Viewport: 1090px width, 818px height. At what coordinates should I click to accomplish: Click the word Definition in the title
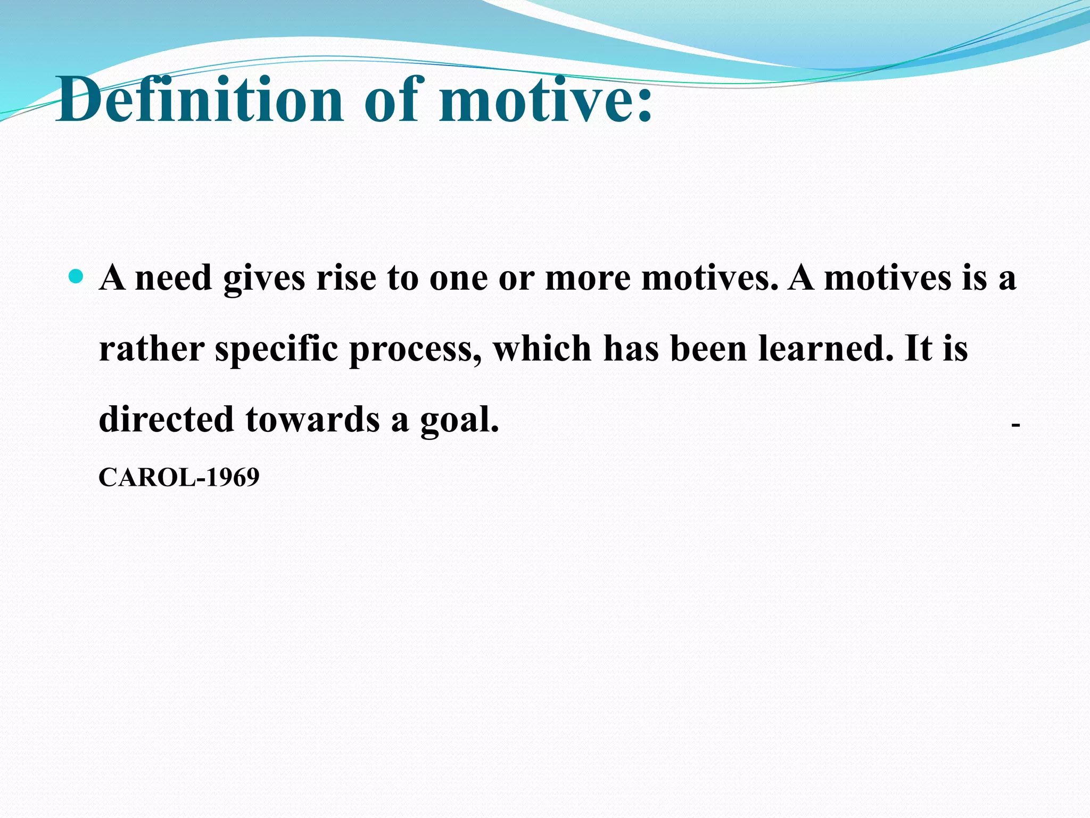pyautogui.click(x=200, y=99)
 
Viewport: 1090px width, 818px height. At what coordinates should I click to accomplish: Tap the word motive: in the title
pyautogui.click(x=546, y=99)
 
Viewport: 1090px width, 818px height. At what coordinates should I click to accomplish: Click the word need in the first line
pyautogui.click(x=174, y=278)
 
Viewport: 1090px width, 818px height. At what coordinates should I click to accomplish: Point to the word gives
pyautogui.click(x=264, y=279)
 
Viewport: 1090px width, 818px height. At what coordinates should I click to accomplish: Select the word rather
pyautogui.click(x=152, y=349)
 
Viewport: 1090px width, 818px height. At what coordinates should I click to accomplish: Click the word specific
pyautogui.click(x=276, y=350)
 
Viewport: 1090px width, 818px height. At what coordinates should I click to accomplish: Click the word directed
pyautogui.click(x=166, y=419)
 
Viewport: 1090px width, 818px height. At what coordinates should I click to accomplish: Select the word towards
pyautogui.click(x=312, y=419)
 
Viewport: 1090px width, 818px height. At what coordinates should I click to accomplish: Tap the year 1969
pyautogui.click(x=233, y=477)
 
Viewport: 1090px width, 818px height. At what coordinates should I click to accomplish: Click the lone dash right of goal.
pyautogui.click(x=1015, y=425)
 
